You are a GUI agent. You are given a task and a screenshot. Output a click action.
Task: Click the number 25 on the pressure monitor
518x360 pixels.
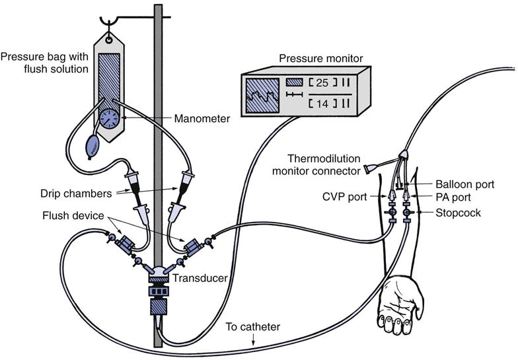[x=320, y=83]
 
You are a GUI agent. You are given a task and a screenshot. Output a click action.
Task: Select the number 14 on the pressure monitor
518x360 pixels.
[x=320, y=103]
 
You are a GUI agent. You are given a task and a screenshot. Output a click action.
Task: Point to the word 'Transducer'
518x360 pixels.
[x=200, y=278]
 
